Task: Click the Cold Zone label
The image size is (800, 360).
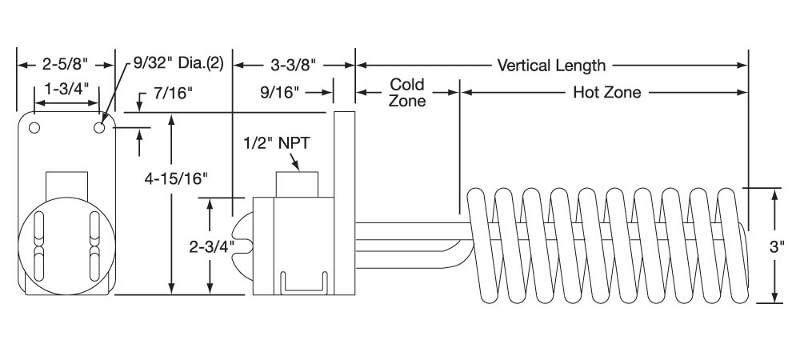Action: click(x=407, y=92)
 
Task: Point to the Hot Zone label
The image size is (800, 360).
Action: click(x=607, y=92)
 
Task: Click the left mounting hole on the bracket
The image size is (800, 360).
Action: click(x=34, y=127)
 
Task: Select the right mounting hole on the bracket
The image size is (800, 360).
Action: click(x=99, y=127)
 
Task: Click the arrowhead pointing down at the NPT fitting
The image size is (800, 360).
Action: click(x=298, y=166)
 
